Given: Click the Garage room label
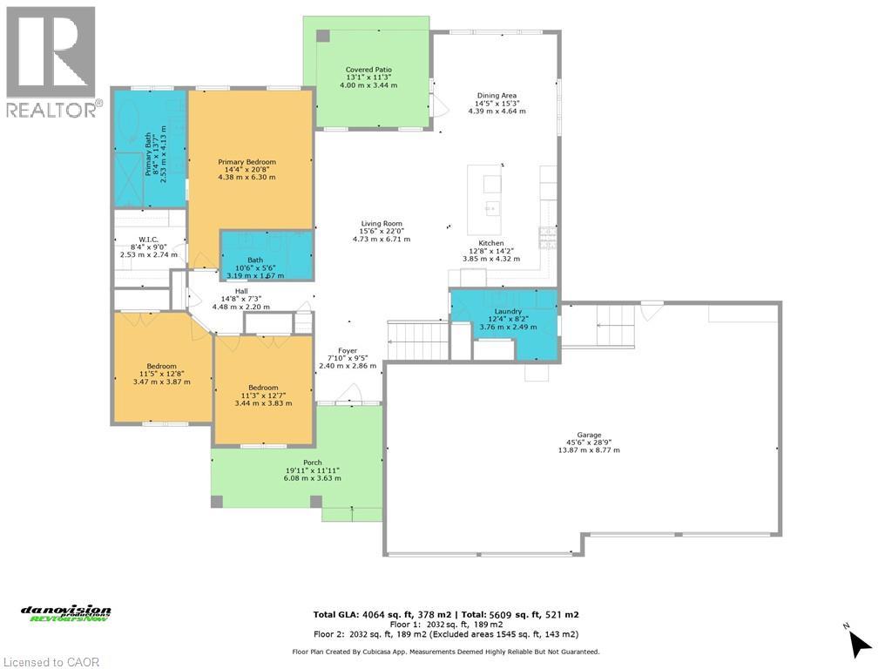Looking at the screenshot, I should coord(589,435).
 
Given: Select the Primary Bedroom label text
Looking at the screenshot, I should coord(247,162).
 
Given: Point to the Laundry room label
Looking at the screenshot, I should coord(508,311).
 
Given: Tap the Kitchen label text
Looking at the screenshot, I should coord(491,243).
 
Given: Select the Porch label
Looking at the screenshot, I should coord(312,463).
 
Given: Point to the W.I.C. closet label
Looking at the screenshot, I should coord(147,240).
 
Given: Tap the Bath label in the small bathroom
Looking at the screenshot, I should coord(255,260).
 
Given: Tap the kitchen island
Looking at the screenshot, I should coord(491,199).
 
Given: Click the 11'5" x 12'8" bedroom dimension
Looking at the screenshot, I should coord(161,374).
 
